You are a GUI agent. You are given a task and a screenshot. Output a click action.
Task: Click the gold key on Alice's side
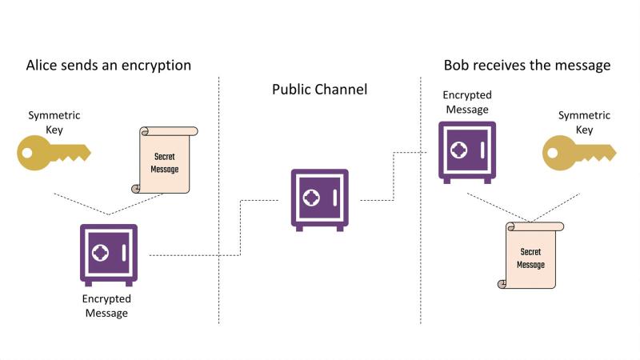53,153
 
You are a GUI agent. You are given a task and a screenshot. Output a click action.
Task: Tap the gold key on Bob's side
578,153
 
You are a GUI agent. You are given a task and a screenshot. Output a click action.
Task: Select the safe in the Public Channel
319,200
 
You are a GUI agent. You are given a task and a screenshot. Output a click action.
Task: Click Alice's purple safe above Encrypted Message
109,255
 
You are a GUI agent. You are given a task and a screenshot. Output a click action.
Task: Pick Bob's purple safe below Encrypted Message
467,152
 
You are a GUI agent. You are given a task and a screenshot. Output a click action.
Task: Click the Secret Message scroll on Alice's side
165,159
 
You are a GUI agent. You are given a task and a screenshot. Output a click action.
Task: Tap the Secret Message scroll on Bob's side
530,255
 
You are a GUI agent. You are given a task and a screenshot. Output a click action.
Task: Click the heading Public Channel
319,90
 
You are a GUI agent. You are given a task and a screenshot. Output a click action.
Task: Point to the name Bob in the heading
457,65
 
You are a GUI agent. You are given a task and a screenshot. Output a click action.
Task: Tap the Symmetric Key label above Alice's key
54,122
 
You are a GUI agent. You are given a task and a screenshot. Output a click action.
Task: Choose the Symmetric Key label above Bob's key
584,122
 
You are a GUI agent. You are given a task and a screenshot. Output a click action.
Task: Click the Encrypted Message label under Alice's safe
106,306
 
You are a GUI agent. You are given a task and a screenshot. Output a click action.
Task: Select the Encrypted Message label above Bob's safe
467,102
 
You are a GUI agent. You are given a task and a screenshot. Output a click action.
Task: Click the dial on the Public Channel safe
311,198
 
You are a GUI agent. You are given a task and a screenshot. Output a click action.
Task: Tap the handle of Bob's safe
482,150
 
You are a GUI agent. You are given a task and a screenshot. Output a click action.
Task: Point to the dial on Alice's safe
100,253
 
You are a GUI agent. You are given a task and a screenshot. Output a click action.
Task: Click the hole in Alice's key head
27,153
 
